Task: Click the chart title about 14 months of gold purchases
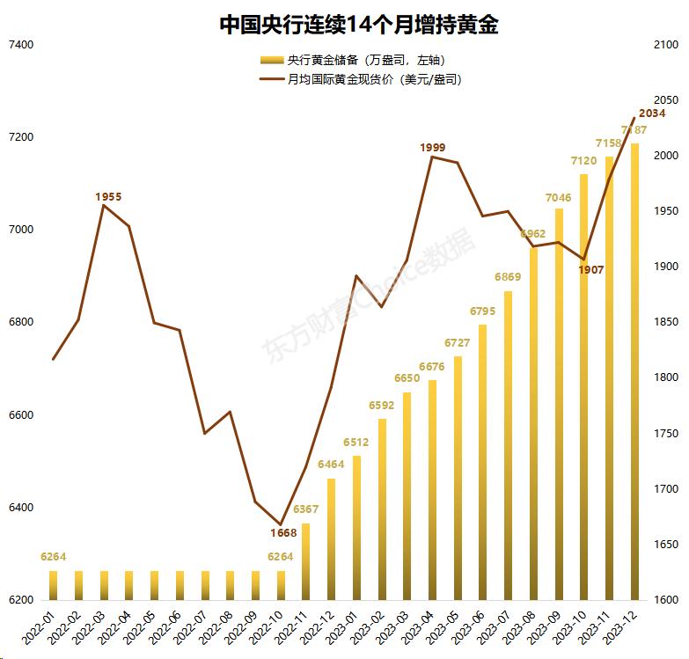click(x=358, y=25)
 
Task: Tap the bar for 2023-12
click(x=634, y=370)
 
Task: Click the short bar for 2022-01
click(x=53, y=585)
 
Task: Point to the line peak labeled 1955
click(x=104, y=205)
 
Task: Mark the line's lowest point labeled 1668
click(x=281, y=524)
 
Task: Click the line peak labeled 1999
click(x=432, y=157)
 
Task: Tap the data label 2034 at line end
click(x=652, y=113)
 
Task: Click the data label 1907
click(x=591, y=270)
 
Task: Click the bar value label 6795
click(x=483, y=311)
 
